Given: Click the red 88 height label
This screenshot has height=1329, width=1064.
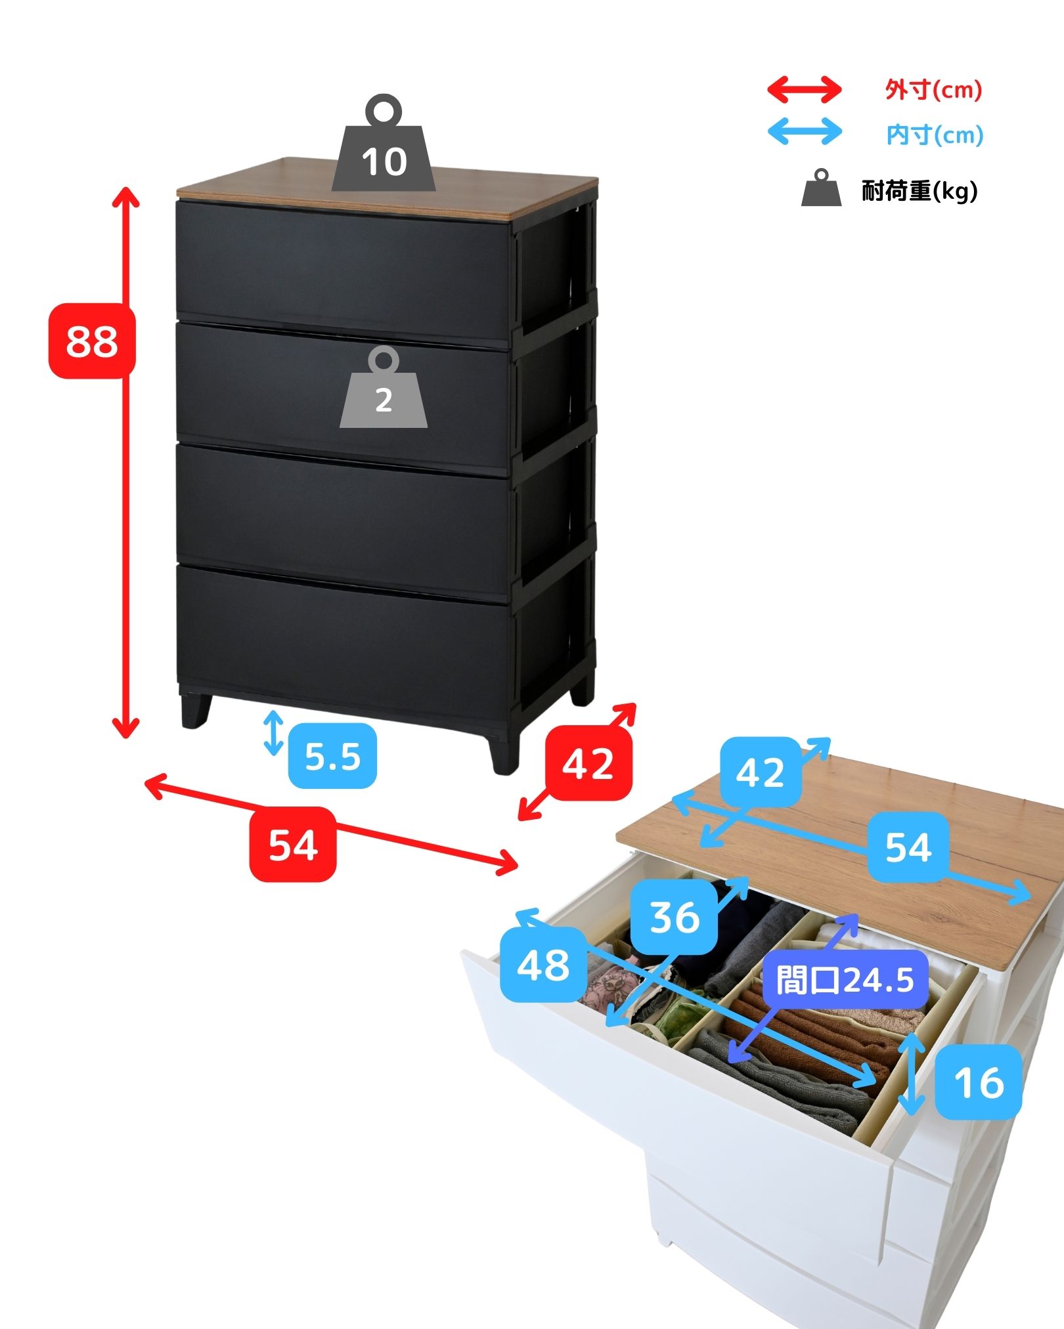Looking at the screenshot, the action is (x=92, y=341).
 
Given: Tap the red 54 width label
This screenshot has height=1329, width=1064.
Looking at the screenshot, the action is (x=293, y=844).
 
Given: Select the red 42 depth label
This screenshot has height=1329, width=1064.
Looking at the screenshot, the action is (x=588, y=763).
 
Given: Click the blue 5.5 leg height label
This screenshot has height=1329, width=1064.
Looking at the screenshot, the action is (x=332, y=756).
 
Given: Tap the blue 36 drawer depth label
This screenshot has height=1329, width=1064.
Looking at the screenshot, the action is (x=675, y=917).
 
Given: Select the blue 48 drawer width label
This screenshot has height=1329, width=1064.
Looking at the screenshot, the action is (x=543, y=965).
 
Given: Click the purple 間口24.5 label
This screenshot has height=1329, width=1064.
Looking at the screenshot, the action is (x=845, y=981).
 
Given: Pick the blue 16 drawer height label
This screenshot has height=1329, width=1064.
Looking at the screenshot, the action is (x=979, y=1083).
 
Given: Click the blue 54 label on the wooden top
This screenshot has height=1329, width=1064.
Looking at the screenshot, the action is (x=908, y=847).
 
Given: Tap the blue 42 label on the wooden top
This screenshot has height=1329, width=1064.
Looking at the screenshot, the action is (x=761, y=772).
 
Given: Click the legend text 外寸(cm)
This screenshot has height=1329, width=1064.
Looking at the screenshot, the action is (x=933, y=90).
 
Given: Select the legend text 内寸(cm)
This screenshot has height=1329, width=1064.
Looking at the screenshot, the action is (x=935, y=135).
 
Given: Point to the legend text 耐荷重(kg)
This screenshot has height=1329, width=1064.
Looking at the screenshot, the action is (x=920, y=191).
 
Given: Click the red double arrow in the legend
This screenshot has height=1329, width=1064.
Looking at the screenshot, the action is (x=805, y=90).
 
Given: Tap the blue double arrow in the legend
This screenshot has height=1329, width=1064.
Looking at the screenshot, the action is (x=805, y=131).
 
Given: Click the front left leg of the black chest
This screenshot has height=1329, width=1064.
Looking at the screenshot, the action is (x=196, y=710).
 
